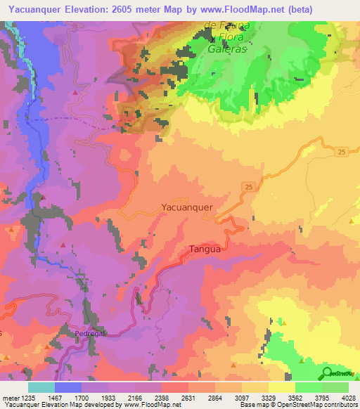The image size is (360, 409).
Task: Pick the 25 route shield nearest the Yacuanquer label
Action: [249, 186]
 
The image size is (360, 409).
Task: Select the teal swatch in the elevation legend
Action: [41, 387]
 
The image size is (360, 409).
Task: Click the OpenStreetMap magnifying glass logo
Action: [327, 372]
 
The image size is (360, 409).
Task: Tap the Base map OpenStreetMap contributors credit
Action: [298, 405]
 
